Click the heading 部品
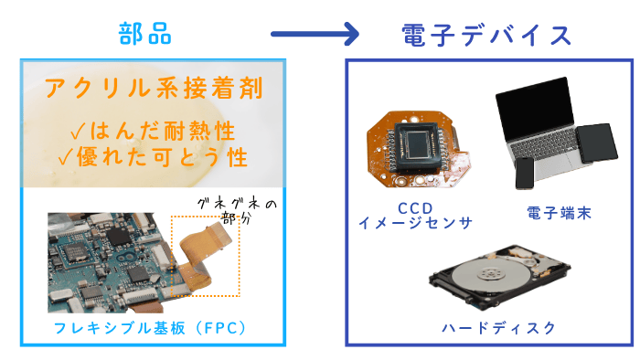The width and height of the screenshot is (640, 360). (x=144, y=34)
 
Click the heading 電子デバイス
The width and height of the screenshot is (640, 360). (x=486, y=35)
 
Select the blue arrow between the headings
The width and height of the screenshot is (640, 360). (x=315, y=34)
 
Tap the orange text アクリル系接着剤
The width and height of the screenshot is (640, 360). (x=154, y=88)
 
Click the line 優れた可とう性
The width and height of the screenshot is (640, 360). (x=162, y=157)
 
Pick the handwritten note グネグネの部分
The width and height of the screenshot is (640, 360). (x=237, y=211)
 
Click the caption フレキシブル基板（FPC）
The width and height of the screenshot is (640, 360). (x=151, y=328)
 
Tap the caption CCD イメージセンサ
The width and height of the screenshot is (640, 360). (x=415, y=216)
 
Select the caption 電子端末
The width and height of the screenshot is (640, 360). (x=560, y=213)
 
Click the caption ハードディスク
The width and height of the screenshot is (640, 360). (x=499, y=328)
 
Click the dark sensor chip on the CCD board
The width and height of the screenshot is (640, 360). (x=417, y=146)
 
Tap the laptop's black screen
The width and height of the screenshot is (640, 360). (x=535, y=108)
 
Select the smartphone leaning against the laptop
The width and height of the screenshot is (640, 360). (x=525, y=174)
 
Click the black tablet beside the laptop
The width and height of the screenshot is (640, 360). (x=598, y=143)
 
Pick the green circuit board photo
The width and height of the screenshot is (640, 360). (x=108, y=263)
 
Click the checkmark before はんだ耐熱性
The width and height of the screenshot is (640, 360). (x=78, y=132)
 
